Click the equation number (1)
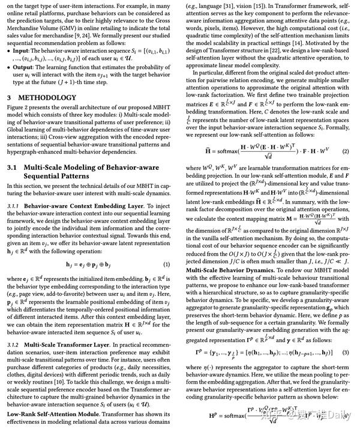coord(166,264)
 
